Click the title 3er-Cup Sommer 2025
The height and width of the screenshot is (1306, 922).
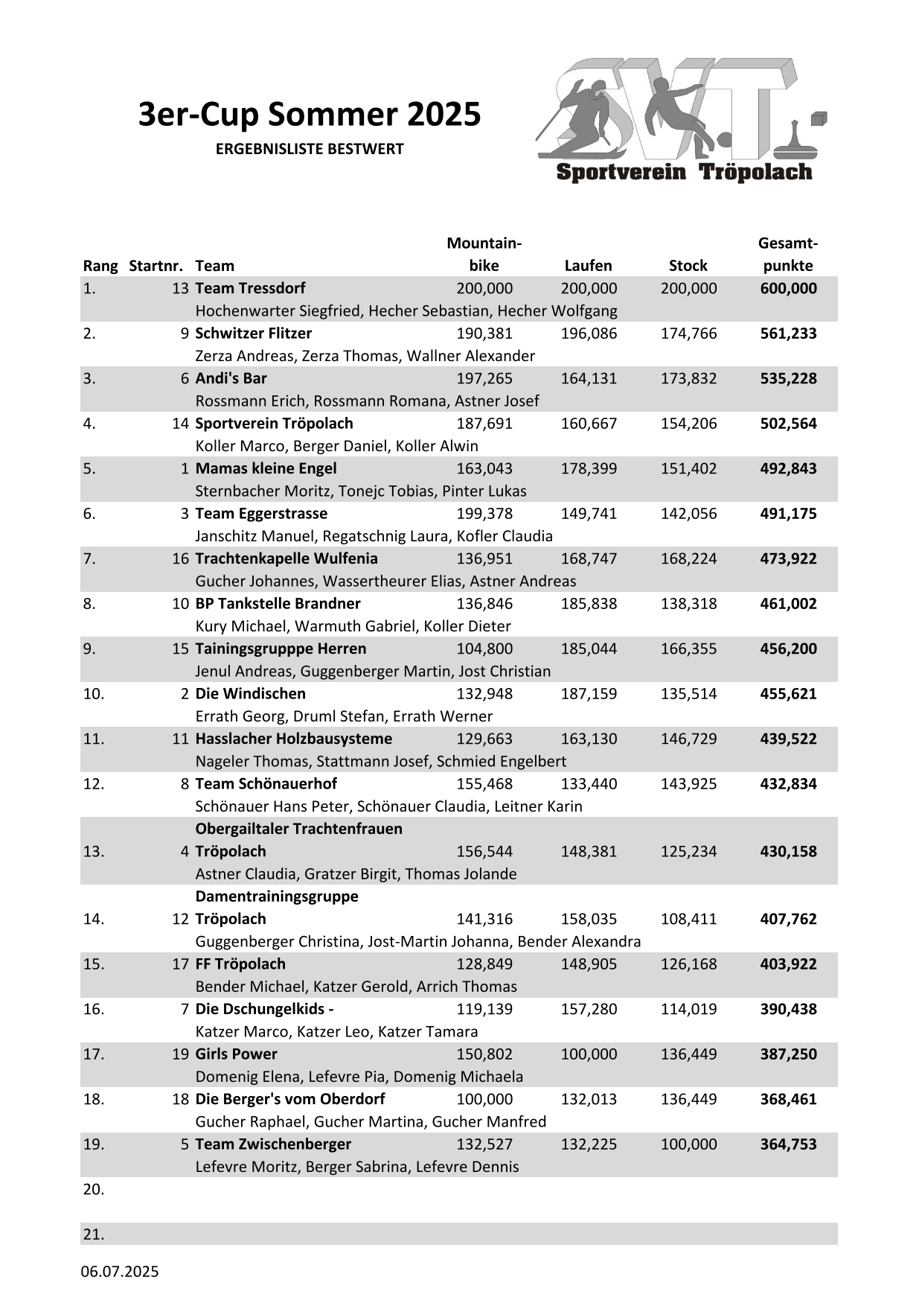[x=310, y=115]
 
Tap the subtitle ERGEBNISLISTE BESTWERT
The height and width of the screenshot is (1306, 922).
[x=310, y=149]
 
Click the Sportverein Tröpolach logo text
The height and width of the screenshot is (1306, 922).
[x=684, y=173]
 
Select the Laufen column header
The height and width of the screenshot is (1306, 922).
[x=588, y=266]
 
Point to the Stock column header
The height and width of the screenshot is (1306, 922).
[x=688, y=266]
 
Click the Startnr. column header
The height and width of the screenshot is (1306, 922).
[x=156, y=266]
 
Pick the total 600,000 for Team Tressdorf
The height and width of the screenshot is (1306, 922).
[x=788, y=289]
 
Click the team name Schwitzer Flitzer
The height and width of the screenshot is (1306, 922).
[x=253, y=334]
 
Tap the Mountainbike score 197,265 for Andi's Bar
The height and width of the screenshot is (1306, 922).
[x=484, y=379]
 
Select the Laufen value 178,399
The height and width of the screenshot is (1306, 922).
[x=589, y=469]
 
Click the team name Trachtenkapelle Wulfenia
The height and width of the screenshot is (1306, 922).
[x=286, y=559]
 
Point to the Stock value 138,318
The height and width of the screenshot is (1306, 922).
[x=688, y=604]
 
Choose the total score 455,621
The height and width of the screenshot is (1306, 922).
[x=788, y=694]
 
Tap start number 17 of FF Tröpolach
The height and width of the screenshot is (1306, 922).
[x=181, y=964]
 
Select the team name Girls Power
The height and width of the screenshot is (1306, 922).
[x=236, y=1054]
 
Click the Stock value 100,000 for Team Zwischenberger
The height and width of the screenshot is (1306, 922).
[x=688, y=1144]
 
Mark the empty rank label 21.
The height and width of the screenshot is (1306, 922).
[x=94, y=1235]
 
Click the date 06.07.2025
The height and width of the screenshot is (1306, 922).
[x=120, y=1272]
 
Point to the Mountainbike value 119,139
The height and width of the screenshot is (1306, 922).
[x=484, y=1010]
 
